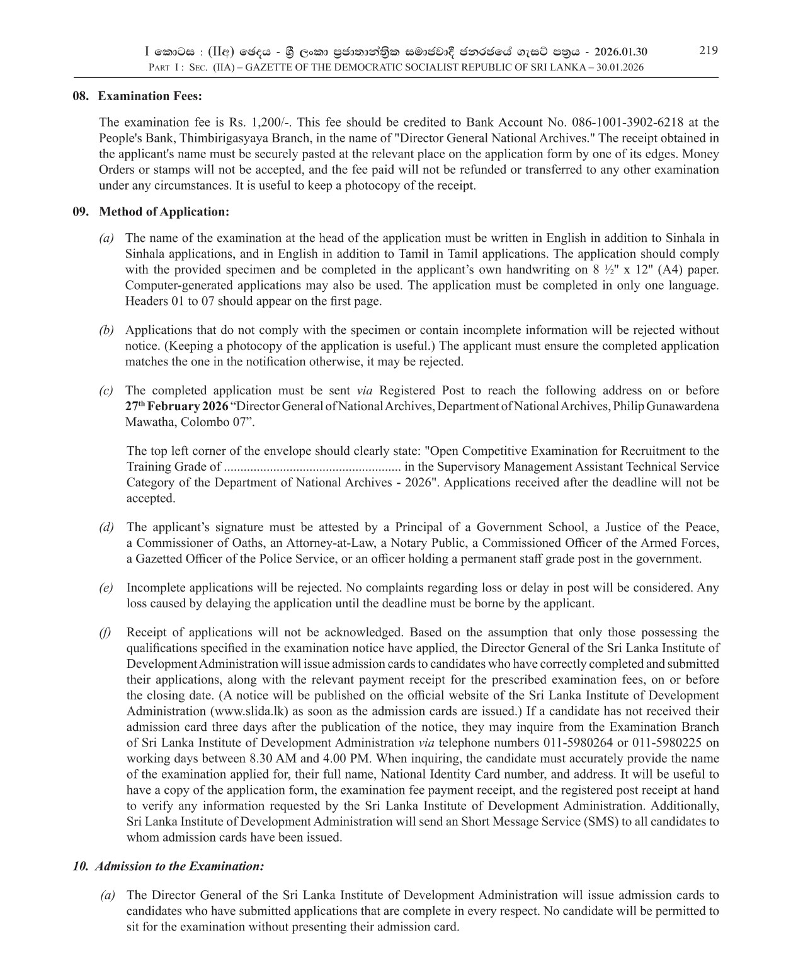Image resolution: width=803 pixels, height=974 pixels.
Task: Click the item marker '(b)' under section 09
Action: [106, 330]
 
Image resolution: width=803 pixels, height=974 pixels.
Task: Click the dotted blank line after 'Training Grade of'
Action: [312, 467]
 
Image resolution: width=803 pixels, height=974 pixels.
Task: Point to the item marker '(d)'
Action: [106, 527]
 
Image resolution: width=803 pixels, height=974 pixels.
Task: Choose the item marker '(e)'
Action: [106, 588]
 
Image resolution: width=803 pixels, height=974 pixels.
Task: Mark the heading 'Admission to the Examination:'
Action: [179, 866]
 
